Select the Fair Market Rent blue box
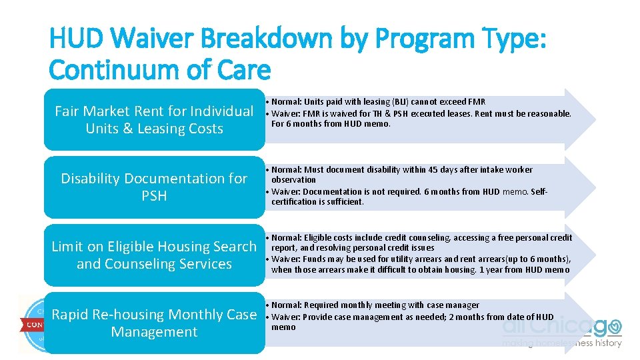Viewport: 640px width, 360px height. point(154,119)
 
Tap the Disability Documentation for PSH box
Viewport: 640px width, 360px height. point(154,187)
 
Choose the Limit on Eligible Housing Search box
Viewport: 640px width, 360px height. point(154,255)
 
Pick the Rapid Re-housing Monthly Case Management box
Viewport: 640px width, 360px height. point(154,323)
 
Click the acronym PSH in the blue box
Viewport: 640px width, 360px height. point(154,196)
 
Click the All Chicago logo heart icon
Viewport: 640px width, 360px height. point(614,327)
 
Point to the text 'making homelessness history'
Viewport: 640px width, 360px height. point(561,343)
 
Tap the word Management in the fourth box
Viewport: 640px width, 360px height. point(154,332)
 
